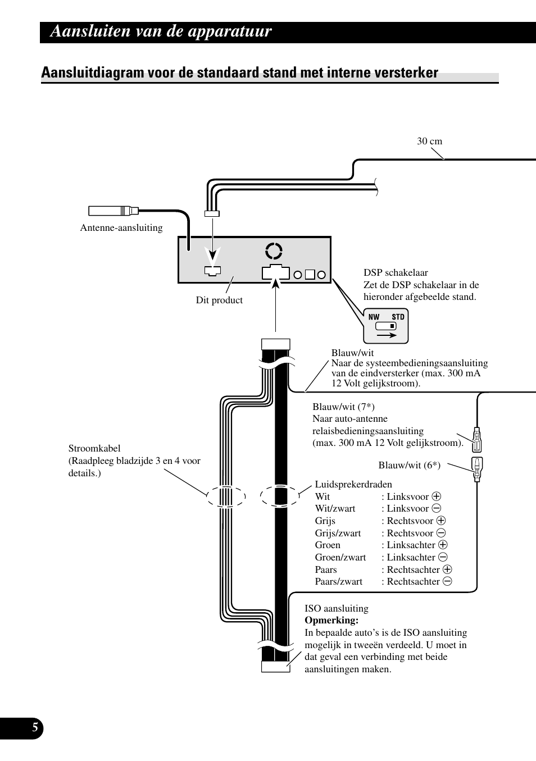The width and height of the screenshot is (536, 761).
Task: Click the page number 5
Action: coord(35,728)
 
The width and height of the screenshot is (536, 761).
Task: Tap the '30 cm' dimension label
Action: coord(429,142)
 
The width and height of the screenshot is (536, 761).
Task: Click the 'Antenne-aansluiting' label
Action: coord(121,227)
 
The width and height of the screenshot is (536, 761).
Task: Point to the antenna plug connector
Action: coord(113,211)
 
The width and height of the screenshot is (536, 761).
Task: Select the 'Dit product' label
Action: coord(219,300)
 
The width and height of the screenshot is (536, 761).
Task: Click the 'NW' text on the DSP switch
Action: coord(374,317)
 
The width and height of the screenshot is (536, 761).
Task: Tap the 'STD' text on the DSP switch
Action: coord(398,317)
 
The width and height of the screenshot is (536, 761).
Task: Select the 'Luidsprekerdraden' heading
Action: coord(353,484)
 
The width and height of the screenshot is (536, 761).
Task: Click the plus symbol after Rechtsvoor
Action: coord(441,521)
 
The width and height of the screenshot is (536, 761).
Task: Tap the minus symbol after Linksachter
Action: coord(443,557)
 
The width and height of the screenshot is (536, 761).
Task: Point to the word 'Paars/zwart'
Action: coord(339,581)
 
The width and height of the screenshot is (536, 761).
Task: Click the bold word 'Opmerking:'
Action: coord(331,621)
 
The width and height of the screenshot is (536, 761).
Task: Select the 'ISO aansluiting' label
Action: coord(337,608)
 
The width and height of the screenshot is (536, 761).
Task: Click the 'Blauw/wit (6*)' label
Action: coord(409,465)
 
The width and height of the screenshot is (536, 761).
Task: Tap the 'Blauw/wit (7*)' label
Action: coord(343,407)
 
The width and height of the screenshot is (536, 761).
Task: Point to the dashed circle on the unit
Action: coord(274,251)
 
